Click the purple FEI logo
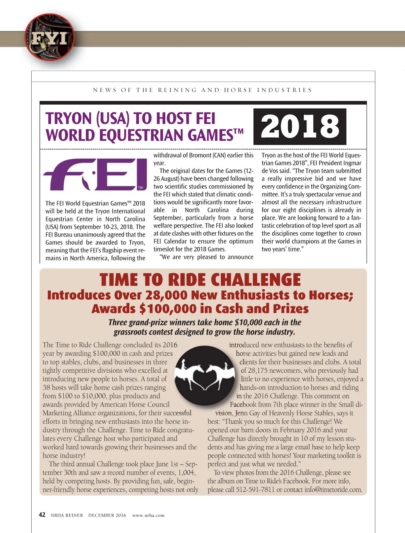95,175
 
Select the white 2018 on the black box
300,126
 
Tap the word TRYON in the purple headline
69,119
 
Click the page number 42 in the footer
42,515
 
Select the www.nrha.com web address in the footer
148,515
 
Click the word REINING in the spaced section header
177,90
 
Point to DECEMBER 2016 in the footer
107,515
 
